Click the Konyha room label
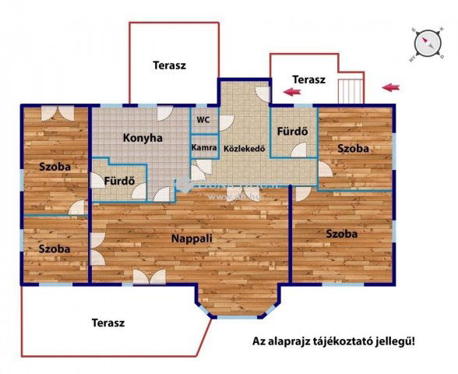click(143, 138)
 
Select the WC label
click(203, 120)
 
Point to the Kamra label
click(204, 147)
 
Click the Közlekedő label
click(245, 148)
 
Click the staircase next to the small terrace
click(351, 89)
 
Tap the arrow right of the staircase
click(393, 87)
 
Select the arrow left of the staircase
click(293, 92)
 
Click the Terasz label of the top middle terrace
click(169, 65)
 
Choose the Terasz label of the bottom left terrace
click(108, 322)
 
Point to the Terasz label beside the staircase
click(308, 79)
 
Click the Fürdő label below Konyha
click(120, 182)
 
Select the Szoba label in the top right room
click(353, 148)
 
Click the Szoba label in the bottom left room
click(55, 249)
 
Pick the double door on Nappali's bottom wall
click(148, 277)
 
